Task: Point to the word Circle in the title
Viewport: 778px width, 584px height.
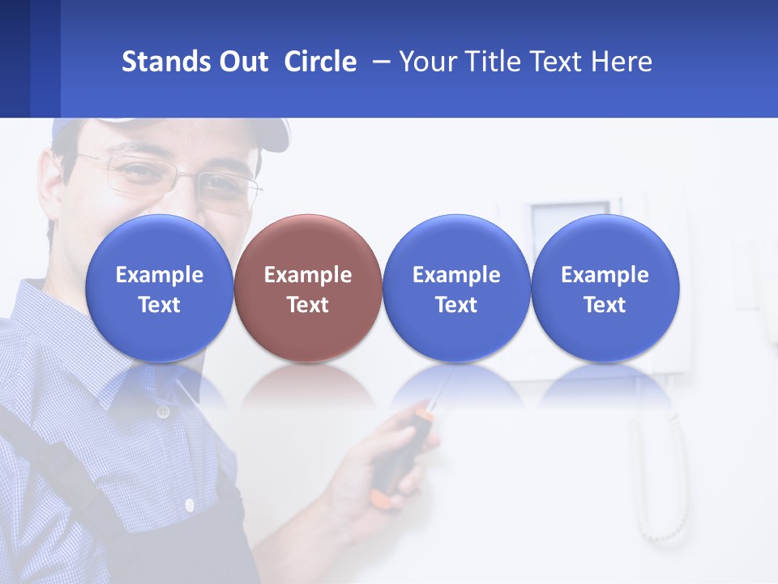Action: click(320, 62)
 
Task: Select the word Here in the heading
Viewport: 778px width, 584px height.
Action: click(622, 62)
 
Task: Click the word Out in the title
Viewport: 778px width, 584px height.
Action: click(245, 62)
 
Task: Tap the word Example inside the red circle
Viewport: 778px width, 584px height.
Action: click(308, 275)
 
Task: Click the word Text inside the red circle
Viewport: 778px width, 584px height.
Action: click(308, 305)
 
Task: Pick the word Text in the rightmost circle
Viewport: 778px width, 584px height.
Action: click(605, 305)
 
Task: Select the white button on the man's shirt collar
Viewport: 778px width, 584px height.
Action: click(163, 412)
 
